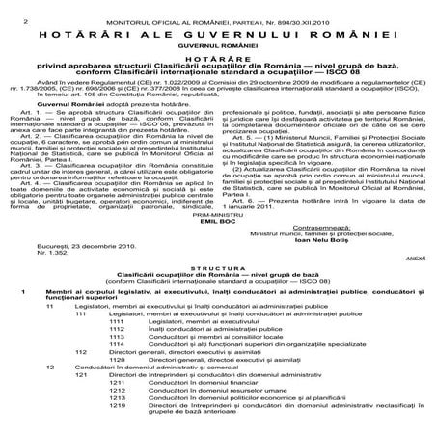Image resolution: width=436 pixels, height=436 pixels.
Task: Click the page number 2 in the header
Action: point(7,9)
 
